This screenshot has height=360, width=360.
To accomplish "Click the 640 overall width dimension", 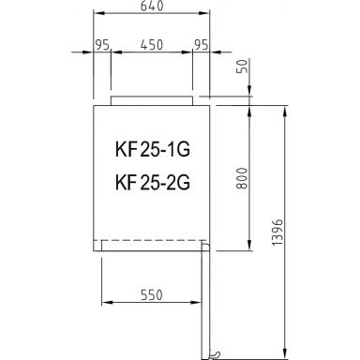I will [151, 6].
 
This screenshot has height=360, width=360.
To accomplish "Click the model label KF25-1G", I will [151, 149].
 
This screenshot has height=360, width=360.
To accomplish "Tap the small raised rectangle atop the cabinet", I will [152, 98].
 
